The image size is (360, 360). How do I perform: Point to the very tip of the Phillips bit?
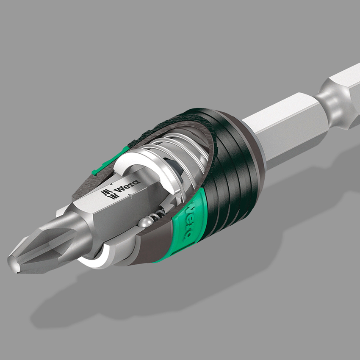pyautogui.click(x=11, y=259)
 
